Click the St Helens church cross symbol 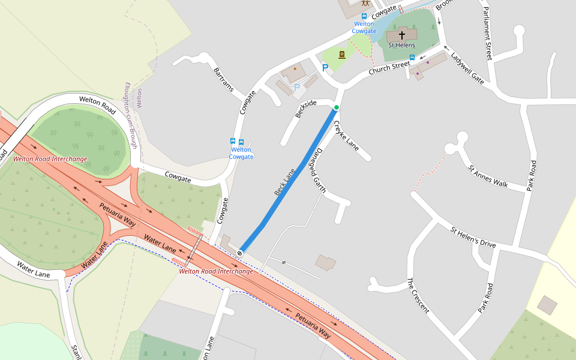[x=402, y=35]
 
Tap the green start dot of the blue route [x=337, y=107]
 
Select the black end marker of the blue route [x=240, y=253]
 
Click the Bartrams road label [x=226, y=80]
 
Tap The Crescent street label [x=418, y=295]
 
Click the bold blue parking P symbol [x=325, y=68]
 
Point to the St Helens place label [x=401, y=45]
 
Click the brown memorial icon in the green [x=342, y=55]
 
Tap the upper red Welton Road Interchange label [x=50, y=159]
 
